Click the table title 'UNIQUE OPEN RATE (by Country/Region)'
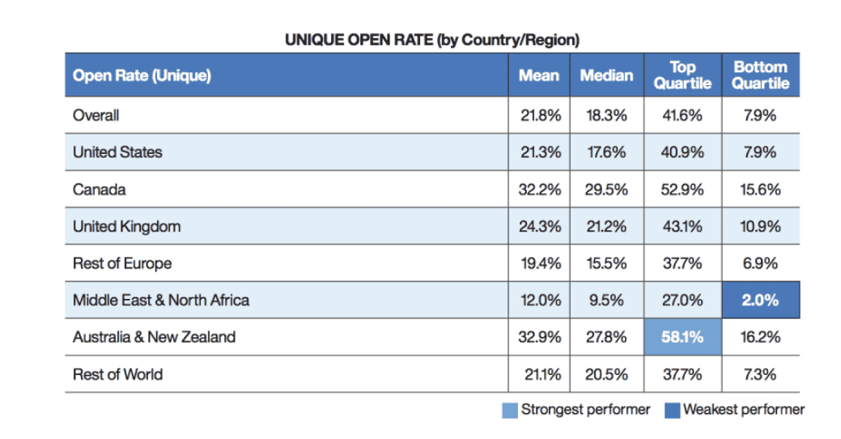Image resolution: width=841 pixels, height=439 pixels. coord(431,40)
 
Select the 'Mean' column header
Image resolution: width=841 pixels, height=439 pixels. coord(538,75)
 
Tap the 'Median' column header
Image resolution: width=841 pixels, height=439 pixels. coord(606,75)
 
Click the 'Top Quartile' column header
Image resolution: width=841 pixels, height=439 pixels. coord(682,75)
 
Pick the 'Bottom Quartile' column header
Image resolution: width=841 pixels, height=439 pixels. coord(760,75)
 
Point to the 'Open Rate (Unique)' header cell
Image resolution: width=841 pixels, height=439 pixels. coord(142,75)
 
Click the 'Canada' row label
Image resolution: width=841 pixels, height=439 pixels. coord(100,190)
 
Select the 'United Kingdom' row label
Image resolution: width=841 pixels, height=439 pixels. coord(126,227)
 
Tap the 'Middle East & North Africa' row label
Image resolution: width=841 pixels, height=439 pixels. coord(161,300)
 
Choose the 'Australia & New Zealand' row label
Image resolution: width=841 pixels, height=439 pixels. coord(154,337)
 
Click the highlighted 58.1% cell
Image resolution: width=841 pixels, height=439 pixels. coord(682,337)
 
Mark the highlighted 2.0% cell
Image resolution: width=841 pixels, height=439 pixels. coord(760,300)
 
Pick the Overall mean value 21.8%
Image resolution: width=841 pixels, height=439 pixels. coord(539,115)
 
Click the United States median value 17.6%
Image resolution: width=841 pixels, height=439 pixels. coord(606,152)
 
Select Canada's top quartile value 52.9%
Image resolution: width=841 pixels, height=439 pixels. coord(682,190)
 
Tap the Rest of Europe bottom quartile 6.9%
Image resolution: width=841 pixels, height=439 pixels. coord(760,263)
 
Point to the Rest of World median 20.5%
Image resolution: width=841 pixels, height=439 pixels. coord(606,374)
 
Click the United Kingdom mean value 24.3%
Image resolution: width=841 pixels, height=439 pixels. coord(539,227)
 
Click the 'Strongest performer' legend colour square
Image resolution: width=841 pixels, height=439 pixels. coord(509,411)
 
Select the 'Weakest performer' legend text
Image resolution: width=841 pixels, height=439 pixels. coord(744,410)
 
